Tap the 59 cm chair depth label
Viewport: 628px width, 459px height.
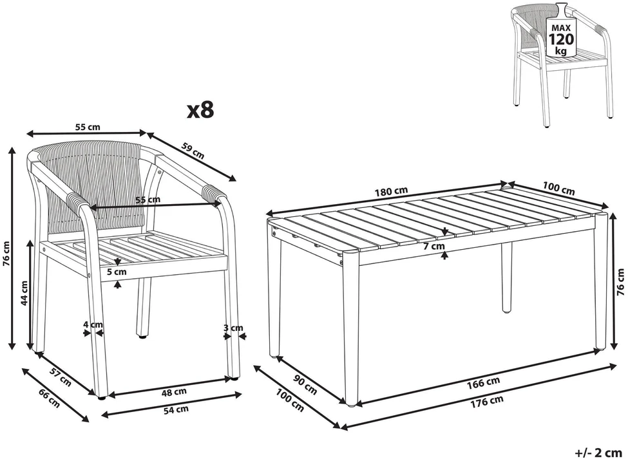(193, 150)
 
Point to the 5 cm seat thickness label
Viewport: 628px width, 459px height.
(117, 272)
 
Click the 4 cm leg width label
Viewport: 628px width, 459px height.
(93, 324)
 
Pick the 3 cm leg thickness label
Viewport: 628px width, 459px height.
(233, 328)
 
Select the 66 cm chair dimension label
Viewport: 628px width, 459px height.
(49, 398)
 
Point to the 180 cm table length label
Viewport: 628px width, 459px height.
(390, 192)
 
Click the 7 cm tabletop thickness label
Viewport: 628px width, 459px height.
(434, 246)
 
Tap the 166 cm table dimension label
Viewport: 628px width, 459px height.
(484, 382)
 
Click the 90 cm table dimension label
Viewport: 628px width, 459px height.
(305, 385)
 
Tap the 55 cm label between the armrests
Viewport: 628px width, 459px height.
(147, 200)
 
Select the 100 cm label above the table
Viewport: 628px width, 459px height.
(558, 189)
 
